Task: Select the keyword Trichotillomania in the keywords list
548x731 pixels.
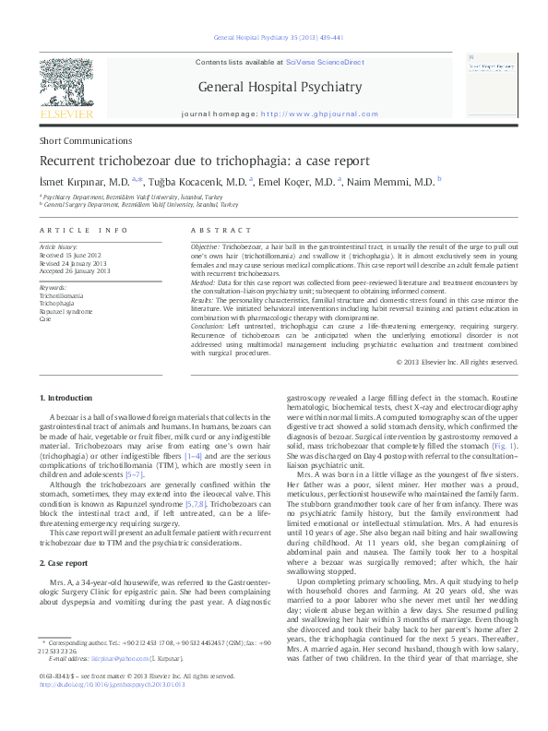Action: coord(61,294)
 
